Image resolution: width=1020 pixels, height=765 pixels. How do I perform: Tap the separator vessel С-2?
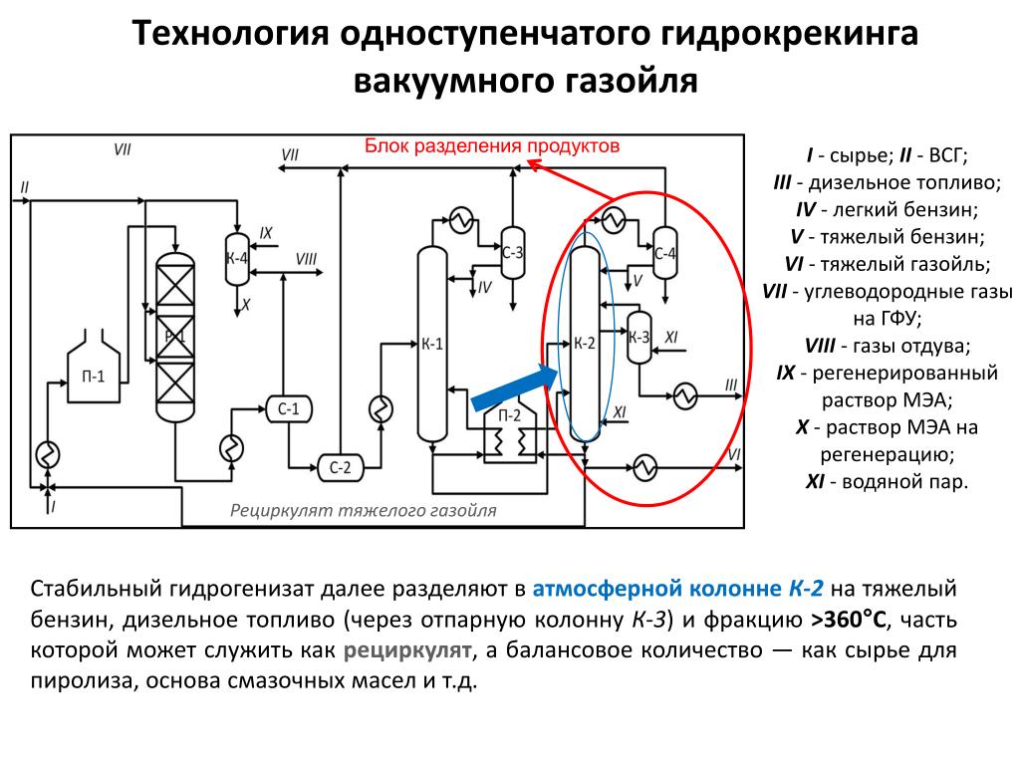(341, 466)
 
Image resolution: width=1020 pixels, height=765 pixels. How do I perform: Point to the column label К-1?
(432, 345)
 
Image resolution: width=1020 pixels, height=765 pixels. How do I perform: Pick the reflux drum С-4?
(665, 253)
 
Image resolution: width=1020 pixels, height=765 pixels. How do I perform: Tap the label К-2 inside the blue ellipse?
(585, 344)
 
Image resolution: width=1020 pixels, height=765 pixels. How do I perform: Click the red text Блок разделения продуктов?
(491, 146)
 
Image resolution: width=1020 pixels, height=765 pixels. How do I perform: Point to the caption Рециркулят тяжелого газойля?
(363, 511)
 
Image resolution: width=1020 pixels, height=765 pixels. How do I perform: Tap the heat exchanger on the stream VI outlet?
(644, 465)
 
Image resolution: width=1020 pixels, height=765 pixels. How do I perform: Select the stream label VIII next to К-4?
(306, 259)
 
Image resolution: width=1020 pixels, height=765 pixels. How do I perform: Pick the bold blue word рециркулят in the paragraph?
(407, 651)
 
